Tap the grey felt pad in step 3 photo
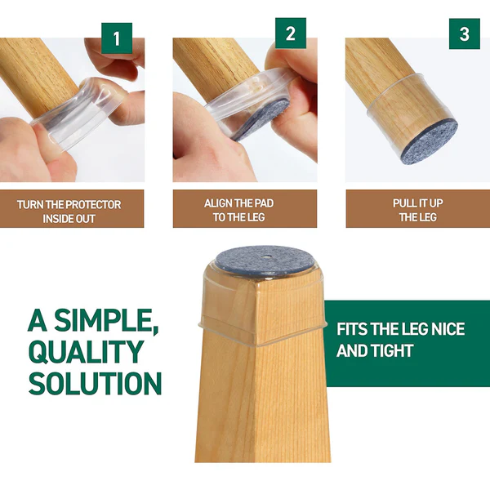[430, 136]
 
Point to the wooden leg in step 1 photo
[41, 69]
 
